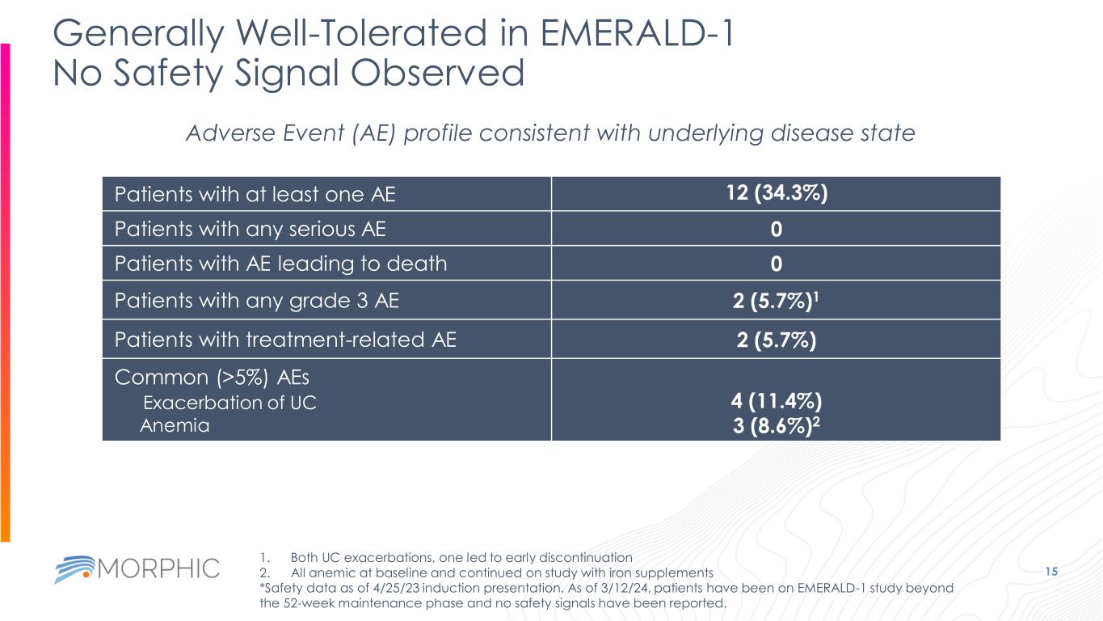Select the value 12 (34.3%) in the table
click(776, 194)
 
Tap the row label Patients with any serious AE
click(250, 230)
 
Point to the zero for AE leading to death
click(776, 264)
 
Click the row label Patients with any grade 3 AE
click(257, 301)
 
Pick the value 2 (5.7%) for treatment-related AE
click(776, 340)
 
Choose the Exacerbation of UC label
click(229, 403)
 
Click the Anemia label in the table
click(175, 425)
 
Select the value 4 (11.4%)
click(776, 401)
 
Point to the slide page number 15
click(1051, 572)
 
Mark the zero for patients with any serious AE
click(776, 230)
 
